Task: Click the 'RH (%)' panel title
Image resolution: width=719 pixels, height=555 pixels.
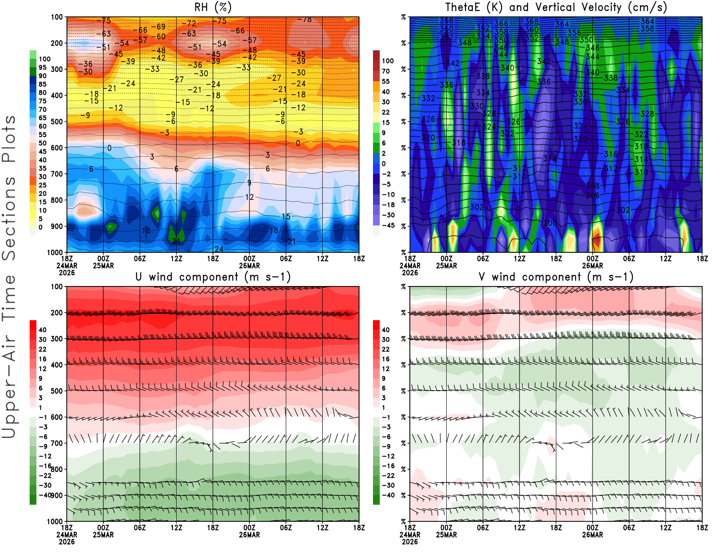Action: pyautogui.click(x=213, y=7)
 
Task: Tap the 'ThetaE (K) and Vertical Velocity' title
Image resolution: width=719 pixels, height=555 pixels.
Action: pyautogui.click(x=556, y=7)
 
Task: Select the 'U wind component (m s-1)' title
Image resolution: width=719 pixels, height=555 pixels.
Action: pyautogui.click(x=213, y=277)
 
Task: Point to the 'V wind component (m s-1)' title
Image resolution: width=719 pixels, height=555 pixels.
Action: pyautogui.click(x=556, y=277)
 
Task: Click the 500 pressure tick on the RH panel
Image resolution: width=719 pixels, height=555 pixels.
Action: pyautogui.click(x=57, y=122)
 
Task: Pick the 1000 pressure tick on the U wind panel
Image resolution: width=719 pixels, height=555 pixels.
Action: pyautogui.click(x=55, y=522)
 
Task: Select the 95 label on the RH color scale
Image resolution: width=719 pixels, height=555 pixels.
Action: pyautogui.click(x=43, y=67)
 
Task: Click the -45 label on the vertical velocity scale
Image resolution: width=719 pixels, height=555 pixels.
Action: pyautogui.click(x=388, y=225)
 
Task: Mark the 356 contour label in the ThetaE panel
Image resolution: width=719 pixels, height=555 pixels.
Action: pyautogui.click(x=574, y=33)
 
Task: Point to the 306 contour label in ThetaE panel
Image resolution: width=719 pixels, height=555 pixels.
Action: pyautogui.click(x=593, y=195)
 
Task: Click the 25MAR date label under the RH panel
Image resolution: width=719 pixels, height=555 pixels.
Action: pyautogui.click(x=103, y=265)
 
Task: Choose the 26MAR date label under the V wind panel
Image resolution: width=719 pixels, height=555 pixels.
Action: pyautogui.click(x=592, y=535)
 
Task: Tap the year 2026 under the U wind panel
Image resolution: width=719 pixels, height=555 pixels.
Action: pyautogui.click(x=67, y=542)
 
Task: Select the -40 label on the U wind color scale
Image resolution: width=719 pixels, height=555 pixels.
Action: pyautogui.click(x=45, y=495)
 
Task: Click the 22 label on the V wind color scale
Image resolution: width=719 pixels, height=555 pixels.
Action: pyautogui.click(x=386, y=349)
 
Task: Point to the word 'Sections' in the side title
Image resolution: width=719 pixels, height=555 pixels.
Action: pyautogui.click(x=9, y=218)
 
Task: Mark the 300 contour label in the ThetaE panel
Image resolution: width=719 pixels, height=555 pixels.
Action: pyautogui.click(x=550, y=223)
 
